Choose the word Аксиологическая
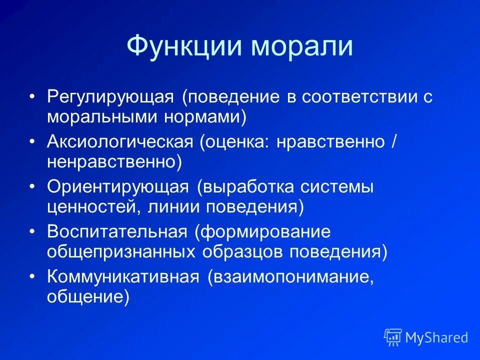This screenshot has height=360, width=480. coord(120,142)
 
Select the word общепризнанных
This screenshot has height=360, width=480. coord(121,252)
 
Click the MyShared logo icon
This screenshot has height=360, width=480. coord(393,337)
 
